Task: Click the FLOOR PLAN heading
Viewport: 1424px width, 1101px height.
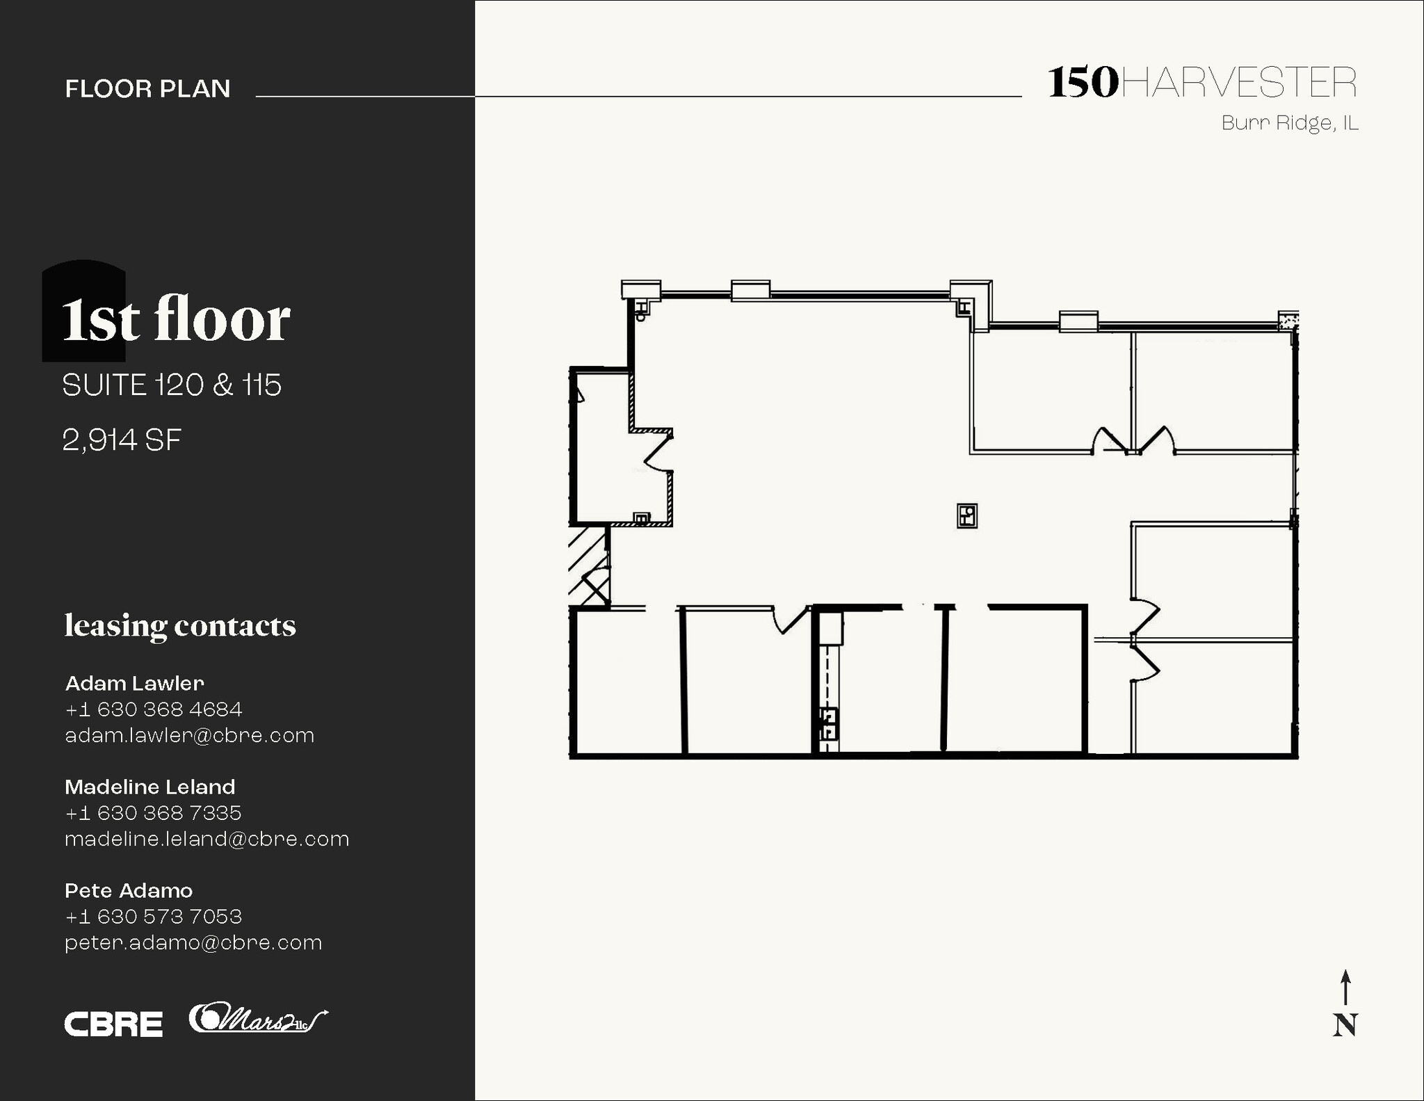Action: (147, 89)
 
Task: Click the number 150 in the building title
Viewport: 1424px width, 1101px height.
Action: (1083, 83)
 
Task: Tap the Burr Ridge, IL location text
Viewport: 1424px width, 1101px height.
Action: (1289, 123)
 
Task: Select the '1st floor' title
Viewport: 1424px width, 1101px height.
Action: (176, 320)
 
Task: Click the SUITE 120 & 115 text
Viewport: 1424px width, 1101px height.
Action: (172, 385)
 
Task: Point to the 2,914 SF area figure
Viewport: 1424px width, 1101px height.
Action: (122, 440)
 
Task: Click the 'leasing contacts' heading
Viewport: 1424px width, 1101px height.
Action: (180, 625)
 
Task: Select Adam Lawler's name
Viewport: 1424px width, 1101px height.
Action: (134, 683)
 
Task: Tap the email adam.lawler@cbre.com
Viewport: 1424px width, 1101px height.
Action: (189, 735)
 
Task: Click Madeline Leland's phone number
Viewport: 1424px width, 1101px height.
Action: (153, 813)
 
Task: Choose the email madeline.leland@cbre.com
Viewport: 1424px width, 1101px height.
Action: (207, 839)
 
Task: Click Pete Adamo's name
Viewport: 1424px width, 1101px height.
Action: (129, 890)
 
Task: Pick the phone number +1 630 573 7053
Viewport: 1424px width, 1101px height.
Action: (153, 917)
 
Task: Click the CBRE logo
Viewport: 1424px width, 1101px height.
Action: (113, 1024)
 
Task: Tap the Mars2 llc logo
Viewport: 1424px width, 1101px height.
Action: (257, 1020)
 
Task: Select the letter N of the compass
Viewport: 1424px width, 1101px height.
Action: (1345, 1025)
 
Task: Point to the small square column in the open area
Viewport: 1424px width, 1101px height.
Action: (966, 516)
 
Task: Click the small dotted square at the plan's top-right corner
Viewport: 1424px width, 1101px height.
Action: (1288, 320)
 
